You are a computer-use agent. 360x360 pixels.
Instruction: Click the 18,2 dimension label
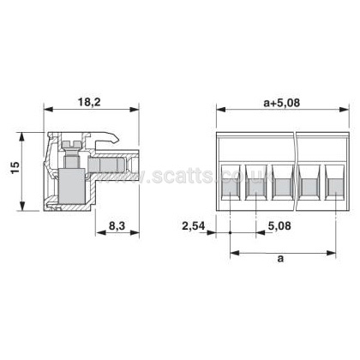(x=89, y=102)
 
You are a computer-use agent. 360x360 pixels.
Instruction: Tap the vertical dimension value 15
(x=15, y=167)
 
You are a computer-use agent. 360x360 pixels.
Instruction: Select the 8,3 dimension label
(x=117, y=225)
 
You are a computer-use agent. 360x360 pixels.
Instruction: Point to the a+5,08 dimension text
(x=282, y=102)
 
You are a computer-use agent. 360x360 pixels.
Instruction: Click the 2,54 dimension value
(x=194, y=226)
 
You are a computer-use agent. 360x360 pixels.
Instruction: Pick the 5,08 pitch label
(x=279, y=226)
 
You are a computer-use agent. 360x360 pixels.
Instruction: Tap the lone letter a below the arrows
(x=281, y=259)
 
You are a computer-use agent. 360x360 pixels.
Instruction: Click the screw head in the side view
(x=70, y=144)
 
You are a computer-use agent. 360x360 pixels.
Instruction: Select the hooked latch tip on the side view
(x=116, y=140)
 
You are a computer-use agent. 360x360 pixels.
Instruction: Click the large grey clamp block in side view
(x=72, y=187)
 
